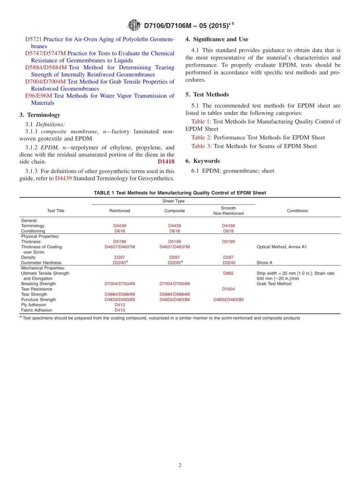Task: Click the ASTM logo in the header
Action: [135, 25]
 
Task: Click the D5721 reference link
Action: [33, 39]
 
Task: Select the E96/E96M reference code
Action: [38, 96]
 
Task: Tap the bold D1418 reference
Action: [166, 162]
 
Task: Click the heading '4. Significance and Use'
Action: [217, 39]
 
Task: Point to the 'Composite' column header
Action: [174, 211]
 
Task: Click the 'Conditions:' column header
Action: [297, 211]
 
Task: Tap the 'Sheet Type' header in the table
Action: [174, 201]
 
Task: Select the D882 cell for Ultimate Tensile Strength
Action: [228, 273]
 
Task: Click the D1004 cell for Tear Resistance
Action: [228, 289]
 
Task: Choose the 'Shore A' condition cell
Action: [264, 263]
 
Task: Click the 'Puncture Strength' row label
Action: [38, 300]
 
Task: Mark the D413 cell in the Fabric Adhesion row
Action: [120, 310]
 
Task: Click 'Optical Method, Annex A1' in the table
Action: [282, 247]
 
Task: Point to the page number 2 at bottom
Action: [180, 465]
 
